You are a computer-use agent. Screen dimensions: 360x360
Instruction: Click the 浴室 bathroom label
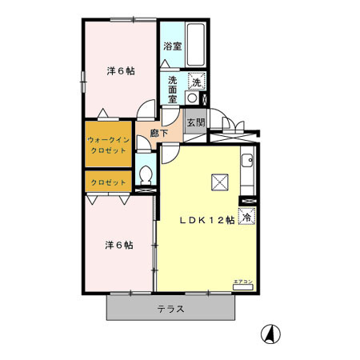point(171,46)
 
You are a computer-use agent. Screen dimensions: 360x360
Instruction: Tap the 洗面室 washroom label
point(173,83)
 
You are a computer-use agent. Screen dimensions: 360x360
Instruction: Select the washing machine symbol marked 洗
point(195,82)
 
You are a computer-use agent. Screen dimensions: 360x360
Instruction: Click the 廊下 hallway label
point(159,133)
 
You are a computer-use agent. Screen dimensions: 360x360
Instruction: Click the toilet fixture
point(145,176)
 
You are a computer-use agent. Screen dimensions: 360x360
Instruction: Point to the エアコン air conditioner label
point(242,281)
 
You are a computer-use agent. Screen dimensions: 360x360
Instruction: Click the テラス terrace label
point(170,310)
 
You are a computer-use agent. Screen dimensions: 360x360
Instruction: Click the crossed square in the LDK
point(220,182)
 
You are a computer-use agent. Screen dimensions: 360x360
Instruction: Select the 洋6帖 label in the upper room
point(121,70)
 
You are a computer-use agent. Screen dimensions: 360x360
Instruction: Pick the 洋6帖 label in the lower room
point(121,244)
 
